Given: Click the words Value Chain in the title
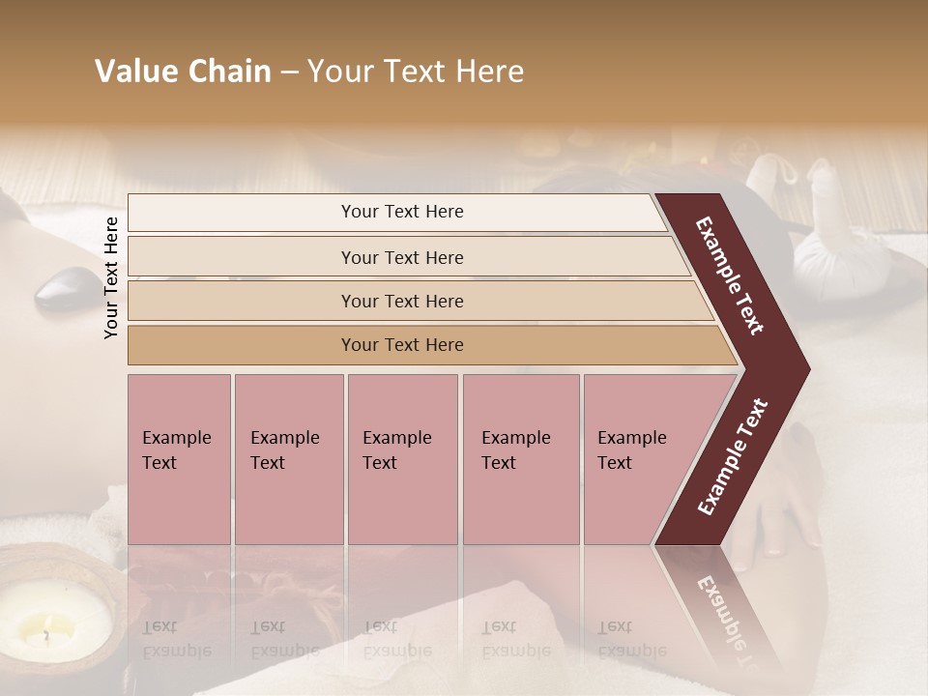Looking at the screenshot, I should [183, 72].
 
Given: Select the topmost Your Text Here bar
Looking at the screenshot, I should [402, 212].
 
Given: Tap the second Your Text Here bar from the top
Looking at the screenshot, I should [402, 257].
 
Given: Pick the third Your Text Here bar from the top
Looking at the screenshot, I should [402, 301].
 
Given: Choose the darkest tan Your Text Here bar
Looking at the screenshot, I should [402, 345].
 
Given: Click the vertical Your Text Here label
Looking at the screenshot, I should [111, 277].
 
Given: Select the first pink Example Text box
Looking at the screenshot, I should [179, 458].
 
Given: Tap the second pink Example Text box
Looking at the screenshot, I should [288, 458].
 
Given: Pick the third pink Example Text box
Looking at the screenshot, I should [402, 458].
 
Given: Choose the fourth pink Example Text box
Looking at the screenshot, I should [520, 458].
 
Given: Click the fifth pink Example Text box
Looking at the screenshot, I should [638, 458].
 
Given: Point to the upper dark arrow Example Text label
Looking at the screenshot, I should [730, 275].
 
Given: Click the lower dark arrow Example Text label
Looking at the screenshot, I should [733, 456].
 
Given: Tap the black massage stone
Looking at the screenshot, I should [60, 287].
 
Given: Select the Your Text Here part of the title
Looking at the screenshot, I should [416, 72].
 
